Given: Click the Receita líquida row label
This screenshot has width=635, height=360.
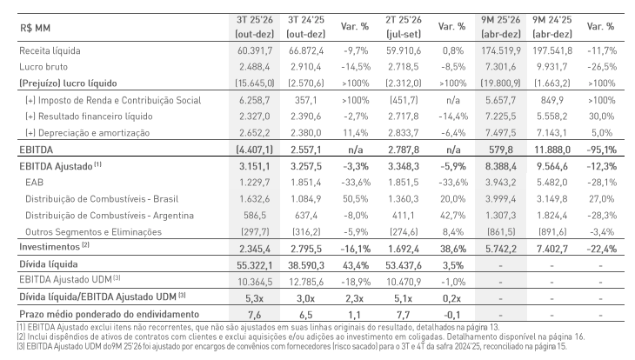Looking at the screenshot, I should click(x=44, y=51).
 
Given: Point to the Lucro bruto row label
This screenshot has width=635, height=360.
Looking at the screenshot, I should click(x=38, y=66).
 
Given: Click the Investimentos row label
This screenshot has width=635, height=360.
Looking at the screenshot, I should click(x=41, y=247).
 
